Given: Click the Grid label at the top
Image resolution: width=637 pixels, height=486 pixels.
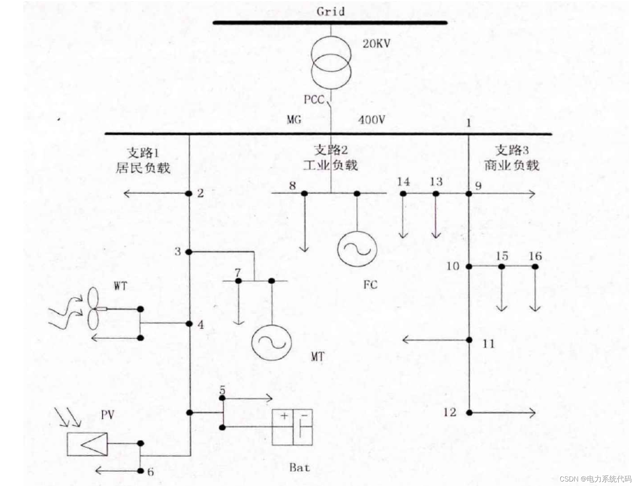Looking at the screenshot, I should [330, 11].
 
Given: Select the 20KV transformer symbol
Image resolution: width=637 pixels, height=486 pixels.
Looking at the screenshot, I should [331, 62].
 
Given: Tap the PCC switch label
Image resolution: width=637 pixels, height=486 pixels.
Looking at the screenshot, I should [314, 100].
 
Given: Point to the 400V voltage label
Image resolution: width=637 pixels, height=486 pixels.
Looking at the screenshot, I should [372, 120].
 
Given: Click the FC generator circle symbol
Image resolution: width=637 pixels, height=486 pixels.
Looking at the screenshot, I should [357, 248].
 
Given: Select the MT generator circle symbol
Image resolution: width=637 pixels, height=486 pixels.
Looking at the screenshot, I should [271, 342].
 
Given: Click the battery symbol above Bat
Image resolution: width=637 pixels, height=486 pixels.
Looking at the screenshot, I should [292, 427].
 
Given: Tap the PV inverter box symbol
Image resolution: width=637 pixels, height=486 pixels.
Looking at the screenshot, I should [87, 444].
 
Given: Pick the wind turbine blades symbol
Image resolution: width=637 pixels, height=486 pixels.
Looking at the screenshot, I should [93, 309].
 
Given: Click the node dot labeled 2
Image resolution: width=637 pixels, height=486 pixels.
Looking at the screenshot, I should [189, 194].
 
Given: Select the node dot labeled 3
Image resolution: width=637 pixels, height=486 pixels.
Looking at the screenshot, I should [189, 252].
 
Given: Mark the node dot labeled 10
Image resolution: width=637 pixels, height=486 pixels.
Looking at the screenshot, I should [469, 266].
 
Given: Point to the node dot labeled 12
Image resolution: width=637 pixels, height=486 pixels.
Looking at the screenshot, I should [469, 413].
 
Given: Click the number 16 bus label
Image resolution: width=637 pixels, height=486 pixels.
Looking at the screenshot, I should [535, 256].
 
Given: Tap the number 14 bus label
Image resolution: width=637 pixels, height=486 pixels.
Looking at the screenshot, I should [404, 182].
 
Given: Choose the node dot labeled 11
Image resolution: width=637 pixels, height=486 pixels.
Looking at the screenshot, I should [469, 340].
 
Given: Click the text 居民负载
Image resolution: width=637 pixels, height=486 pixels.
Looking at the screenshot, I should [143, 168].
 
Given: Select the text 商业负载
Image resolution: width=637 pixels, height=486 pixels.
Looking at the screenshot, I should [512, 165].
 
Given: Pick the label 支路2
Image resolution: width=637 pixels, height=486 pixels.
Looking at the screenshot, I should [331, 150].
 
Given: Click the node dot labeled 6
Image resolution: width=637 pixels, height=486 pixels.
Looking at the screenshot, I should [141, 471].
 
